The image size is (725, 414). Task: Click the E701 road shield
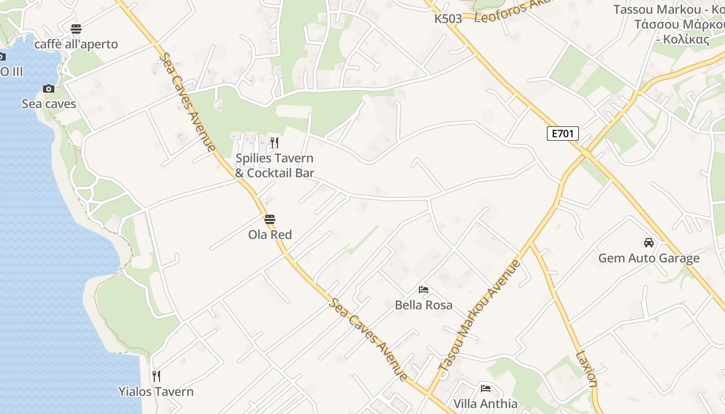pyautogui.click(x=562, y=134)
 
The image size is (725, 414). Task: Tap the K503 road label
pyautogui.click(x=448, y=19)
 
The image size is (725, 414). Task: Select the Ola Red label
pyautogui.click(x=270, y=234)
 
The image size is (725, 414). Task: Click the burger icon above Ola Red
pyautogui.click(x=269, y=219)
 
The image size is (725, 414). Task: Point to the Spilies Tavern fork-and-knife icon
pyautogui.click(x=274, y=143)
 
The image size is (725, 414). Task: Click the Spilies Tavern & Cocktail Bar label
pyautogui.click(x=274, y=166)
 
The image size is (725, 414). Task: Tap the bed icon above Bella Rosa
pyautogui.click(x=424, y=290)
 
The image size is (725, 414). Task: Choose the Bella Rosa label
pyautogui.click(x=424, y=305)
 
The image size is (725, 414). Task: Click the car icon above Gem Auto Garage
pyautogui.click(x=648, y=242)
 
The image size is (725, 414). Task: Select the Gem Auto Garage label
pyautogui.click(x=648, y=258)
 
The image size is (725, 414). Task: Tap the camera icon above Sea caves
pyautogui.click(x=49, y=89)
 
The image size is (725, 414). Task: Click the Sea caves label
pyautogui.click(x=49, y=104)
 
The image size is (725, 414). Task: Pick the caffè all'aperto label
pyautogui.click(x=76, y=45)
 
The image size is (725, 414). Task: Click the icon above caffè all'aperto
pyautogui.click(x=76, y=29)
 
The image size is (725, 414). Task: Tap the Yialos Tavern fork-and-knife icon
pyautogui.click(x=156, y=376)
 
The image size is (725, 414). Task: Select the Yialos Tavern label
pyautogui.click(x=156, y=392)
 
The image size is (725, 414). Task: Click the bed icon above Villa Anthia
pyautogui.click(x=485, y=389)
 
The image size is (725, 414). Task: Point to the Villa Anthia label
pyautogui.click(x=485, y=404)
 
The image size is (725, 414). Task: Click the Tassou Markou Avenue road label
pyautogui.click(x=479, y=316)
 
